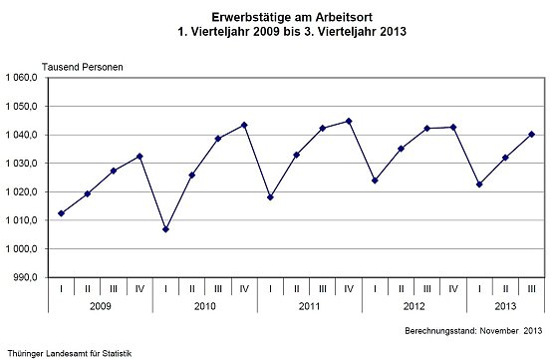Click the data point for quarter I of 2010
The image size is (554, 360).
(x=165, y=229)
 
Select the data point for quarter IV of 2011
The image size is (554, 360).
(x=349, y=121)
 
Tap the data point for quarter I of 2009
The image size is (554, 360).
(x=62, y=213)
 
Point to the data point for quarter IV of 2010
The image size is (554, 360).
(x=244, y=125)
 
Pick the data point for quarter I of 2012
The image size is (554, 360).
(x=375, y=180)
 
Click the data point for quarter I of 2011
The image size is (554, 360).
(x=270, y=196)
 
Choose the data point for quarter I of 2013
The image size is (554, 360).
(x=479, y=184)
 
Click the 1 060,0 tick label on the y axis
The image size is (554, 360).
(x=22, y=77)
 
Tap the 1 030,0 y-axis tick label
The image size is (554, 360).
(x=22, y=163)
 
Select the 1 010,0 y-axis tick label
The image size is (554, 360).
(x=22, y=219)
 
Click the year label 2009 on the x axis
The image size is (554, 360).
(x=101, y=307)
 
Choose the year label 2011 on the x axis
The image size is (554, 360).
(x=309, y=307)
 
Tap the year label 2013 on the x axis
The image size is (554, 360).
(x=505, y=307)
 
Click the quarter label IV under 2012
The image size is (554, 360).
(x=453, y=289)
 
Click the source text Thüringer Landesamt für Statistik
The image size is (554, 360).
(x=69, y=352)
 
